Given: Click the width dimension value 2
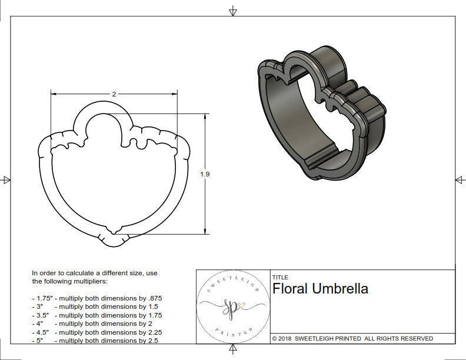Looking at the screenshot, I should [x=114, y=94].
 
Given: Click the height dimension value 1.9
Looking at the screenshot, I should [x=205, y=174].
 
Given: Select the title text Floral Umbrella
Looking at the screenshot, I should [x=320, y=289].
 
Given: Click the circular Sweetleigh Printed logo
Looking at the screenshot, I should [x=232, y=306].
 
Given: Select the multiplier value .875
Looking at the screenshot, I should [x=154, y=298].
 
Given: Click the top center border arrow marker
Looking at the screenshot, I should [x=233, y=11].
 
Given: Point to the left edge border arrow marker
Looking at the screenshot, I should [x=6, y=179].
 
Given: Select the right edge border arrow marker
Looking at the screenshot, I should [x=460, y=179].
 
